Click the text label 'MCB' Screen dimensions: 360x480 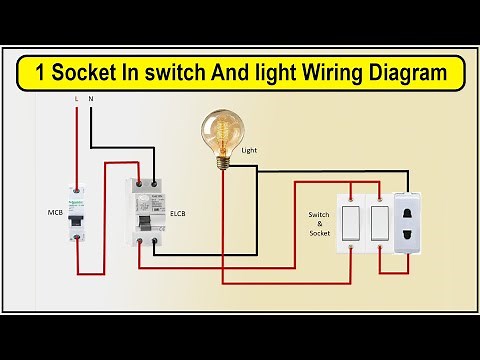(x=55, y=213)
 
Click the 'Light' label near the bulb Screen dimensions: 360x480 (x=250, y=150)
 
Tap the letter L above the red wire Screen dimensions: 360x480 (x=77, y=100)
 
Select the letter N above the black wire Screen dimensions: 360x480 (x=92, y=100)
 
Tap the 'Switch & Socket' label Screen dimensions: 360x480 (x=318, y=223)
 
